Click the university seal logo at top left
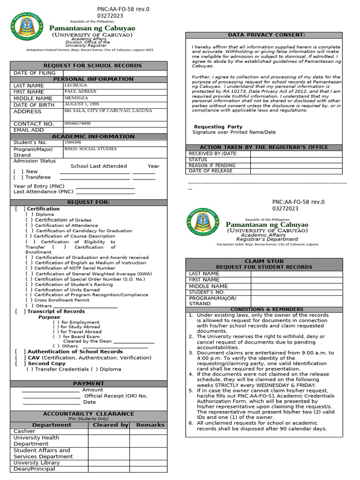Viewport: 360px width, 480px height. coord(27,27)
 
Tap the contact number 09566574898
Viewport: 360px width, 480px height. coord(77,123)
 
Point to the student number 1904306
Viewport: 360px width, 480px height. coord(73,142)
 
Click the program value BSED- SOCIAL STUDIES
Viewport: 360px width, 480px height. coord(91,149)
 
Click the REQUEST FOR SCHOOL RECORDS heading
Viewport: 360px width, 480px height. coord(92,66)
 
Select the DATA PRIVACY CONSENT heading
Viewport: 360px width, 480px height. coord(266,35)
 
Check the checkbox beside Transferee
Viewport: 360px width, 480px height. coord(18,178)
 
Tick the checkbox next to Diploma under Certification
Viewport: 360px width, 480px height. coord(29,214)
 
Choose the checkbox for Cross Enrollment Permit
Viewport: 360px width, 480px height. coord(29,300)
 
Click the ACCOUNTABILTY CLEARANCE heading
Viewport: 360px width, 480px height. coord(89,414)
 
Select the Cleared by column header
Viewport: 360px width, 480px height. coord(110,425)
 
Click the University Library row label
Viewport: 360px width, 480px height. coord(37,463)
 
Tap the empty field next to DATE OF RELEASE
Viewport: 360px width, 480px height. coord(296,171)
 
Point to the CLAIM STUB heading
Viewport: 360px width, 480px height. coord(264,261)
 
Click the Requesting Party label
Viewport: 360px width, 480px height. coord(218,127)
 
